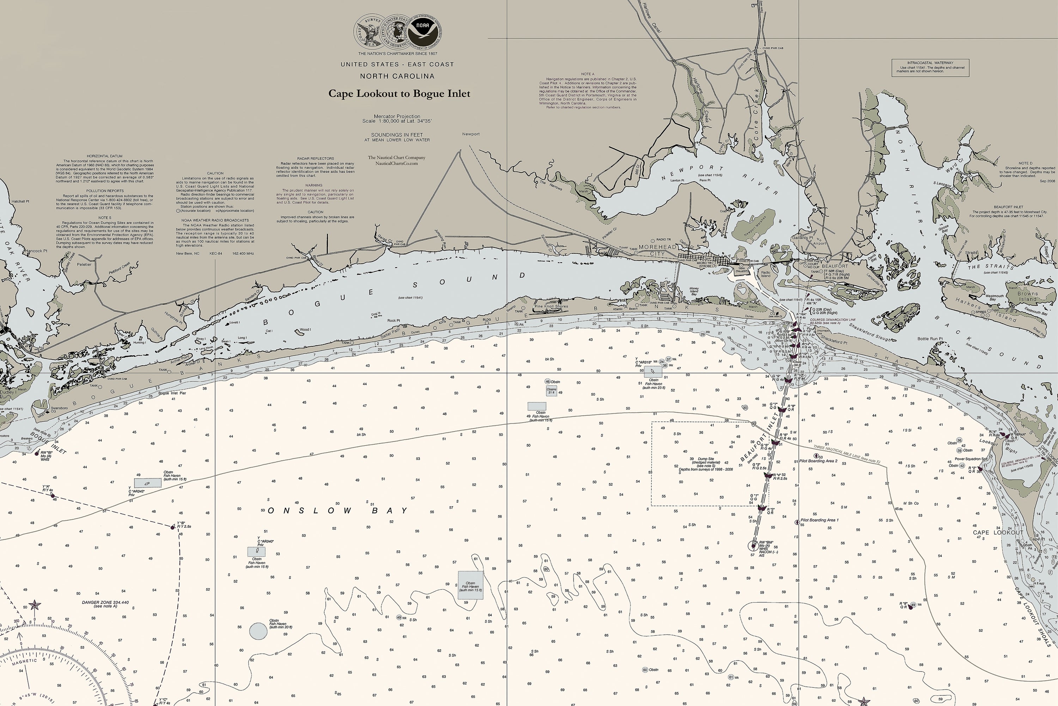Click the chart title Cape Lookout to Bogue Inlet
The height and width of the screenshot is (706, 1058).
click(x=399, y=94)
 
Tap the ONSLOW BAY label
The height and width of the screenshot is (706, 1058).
click(x=338, y=510)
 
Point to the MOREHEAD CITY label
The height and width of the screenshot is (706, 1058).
click(x=657, y=250)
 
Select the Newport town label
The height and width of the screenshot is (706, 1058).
click(x=470, y=134)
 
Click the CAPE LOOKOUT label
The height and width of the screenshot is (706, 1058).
click(x=998, y=533)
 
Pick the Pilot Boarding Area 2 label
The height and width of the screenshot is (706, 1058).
click(x=818, y=461)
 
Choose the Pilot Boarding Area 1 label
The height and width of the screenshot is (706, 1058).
click(x=820, y=520)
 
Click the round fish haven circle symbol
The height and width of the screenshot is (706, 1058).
click(x=258, y=631)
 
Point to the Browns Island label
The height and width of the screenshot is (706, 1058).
click(x=1027, y=296)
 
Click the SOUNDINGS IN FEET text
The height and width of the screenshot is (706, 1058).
click(x=397, y=134)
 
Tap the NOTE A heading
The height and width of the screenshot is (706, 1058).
click(x=588, y=74)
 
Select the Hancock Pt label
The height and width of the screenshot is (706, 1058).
click(x=36, y=251)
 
